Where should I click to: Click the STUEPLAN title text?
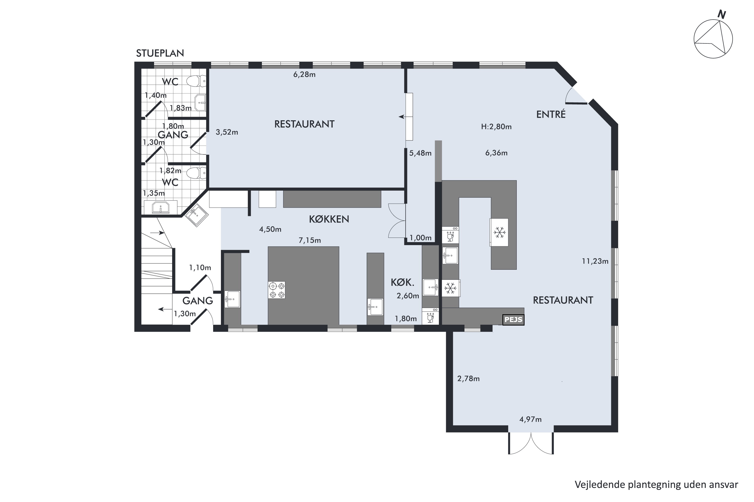pyautogui.click(x=160, y=53)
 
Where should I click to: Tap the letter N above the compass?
pyautogui.click(x=721, y=14)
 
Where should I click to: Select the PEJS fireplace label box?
pyautogui.click(x=513, y=320)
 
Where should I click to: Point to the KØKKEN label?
pyautogui.click(x=329, y=219)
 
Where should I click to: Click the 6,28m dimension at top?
pyautogui.click(x=304, y=75)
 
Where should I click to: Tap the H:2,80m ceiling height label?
pyautogui.click(x=496, y=127)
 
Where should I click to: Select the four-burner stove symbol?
pyautogui.click(x=277, y=290)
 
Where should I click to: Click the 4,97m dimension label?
pyautogui.click(x=531, y=419)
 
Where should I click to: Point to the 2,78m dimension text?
pyautogui.click(x=468, y=379)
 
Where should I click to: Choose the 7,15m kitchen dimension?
pyautogui.click(x=310, y=240)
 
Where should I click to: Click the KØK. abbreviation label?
pyautogui.click(x=402, y=282)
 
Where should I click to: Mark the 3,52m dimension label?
pyautogui.click(x=227, y=132)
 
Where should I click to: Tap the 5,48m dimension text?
pyautogui.click(x=420, y=153)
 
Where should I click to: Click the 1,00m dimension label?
pyautogui.click(x=420, y=238)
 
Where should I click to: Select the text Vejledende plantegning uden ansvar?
pyautogui.click(x=656, y=484)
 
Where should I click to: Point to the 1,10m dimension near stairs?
pyautogui.click(x=200, y=268)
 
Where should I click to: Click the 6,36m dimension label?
pyautogui.click(x=496, y=153)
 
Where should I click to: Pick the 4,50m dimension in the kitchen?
pyautogui.click(x=270, y=229)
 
